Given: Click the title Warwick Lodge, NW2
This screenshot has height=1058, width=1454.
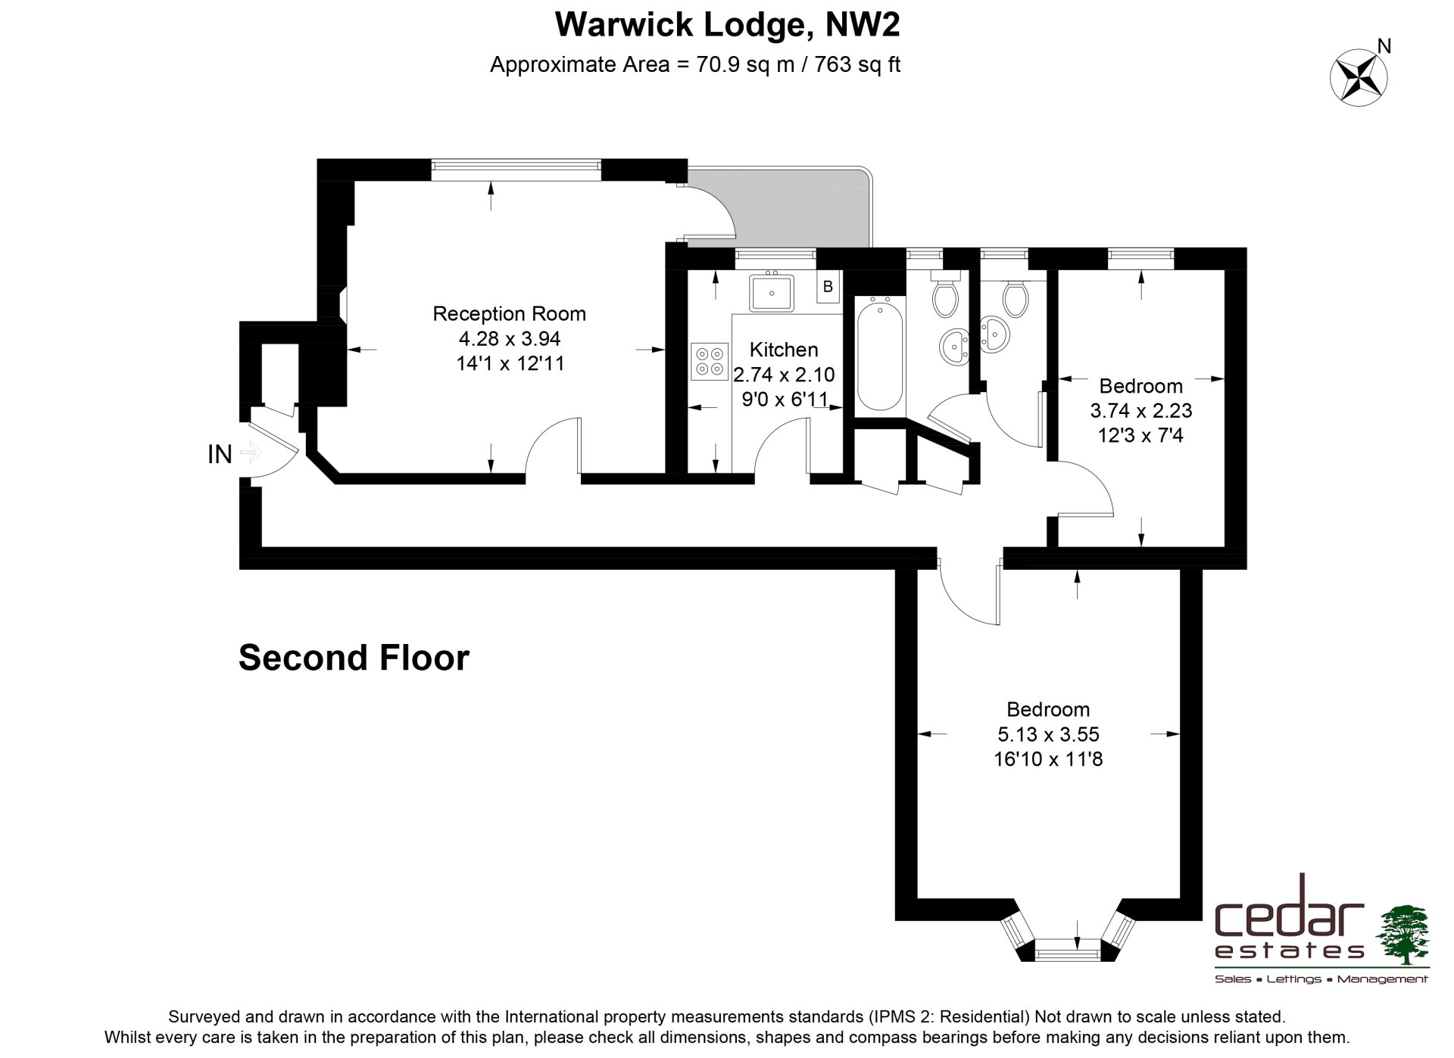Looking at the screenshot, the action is pos(727,24).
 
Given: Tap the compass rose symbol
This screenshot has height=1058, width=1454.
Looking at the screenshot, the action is pos(1359,76).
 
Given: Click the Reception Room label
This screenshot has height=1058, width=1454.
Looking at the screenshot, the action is pos(509,313).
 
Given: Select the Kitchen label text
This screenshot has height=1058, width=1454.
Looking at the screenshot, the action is pos(784,350).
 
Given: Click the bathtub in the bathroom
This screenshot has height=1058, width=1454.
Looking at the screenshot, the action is pos(879,353).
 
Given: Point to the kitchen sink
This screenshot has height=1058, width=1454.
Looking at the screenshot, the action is pos(772,292).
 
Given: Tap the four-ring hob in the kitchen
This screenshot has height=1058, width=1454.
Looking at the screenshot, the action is pos(710,361).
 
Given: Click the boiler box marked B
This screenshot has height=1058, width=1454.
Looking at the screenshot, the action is pos(828,286).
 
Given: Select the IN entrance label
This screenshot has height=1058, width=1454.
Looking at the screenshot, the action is pos(220,454).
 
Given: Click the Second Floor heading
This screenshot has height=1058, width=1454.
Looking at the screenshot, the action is pos(354,658).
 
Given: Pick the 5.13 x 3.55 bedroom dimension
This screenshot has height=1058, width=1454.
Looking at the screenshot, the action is pos(1048,734).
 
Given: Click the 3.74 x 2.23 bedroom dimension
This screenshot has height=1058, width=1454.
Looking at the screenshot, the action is pos(1140,410).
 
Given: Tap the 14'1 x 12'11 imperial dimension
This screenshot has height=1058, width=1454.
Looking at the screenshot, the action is pos(510,363).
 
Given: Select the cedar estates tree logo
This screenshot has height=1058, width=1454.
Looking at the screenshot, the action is pos(1402,935).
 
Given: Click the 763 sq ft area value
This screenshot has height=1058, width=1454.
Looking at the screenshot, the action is pos(857,65).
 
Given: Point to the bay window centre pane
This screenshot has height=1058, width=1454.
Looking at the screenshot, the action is pos(1067,949).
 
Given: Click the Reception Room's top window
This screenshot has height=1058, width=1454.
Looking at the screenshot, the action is pos(516,170).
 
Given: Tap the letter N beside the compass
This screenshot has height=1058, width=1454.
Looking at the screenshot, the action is pos(1384,47).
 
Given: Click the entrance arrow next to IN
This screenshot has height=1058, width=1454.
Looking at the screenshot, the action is pos(250,453).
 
